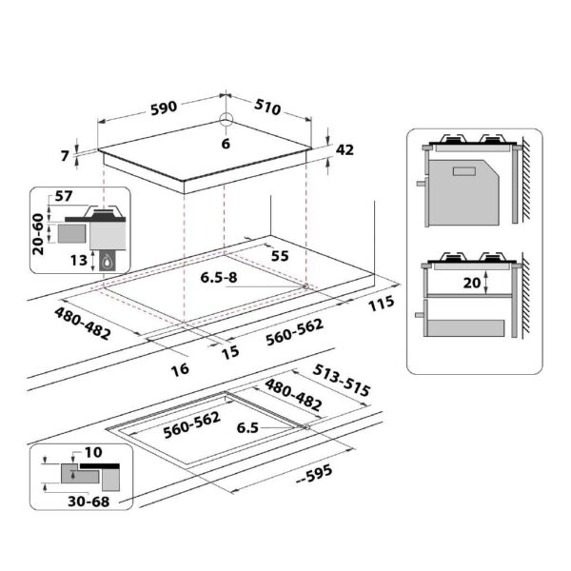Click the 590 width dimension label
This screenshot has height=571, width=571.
165,108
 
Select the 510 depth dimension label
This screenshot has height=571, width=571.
267,108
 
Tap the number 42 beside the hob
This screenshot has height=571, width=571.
345,149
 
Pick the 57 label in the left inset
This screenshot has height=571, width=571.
64,196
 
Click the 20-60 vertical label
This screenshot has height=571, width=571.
39,229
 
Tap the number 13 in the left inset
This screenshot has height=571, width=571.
78,260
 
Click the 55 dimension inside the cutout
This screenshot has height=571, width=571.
279,256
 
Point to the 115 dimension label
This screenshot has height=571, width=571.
382,304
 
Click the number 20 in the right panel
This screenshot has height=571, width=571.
469,283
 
